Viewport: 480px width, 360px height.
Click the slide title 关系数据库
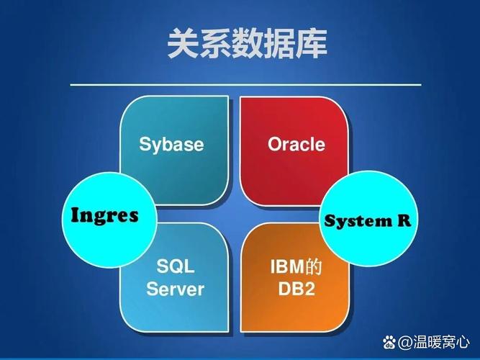[x=247, y=44]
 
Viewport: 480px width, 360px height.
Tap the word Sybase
[x=171, y=144]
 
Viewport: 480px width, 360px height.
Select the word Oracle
[x=296, y=144]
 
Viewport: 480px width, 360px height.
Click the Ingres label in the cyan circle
[x=104, y=215]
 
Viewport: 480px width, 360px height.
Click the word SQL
[x=175, y=268]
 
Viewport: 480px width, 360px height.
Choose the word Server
[x=175, y=289]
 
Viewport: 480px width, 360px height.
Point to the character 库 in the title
[x=311, y=44]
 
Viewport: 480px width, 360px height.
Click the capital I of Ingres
[x=74, y=215]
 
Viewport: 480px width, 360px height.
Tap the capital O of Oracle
[x=274, y=144]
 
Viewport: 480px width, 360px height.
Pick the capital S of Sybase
[x=144, y=144]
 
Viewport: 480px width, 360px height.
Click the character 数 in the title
[x=247, y=44]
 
